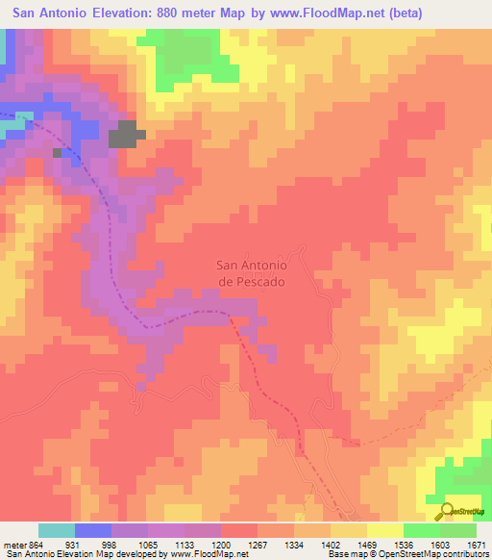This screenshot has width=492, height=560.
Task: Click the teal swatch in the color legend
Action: pyautogui.click(x=57, y=531)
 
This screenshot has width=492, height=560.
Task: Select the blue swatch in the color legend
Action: pyautogui.click(x=93, y=531)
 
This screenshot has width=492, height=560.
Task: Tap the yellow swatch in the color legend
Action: pyautogui.click(x=385, y=531)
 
